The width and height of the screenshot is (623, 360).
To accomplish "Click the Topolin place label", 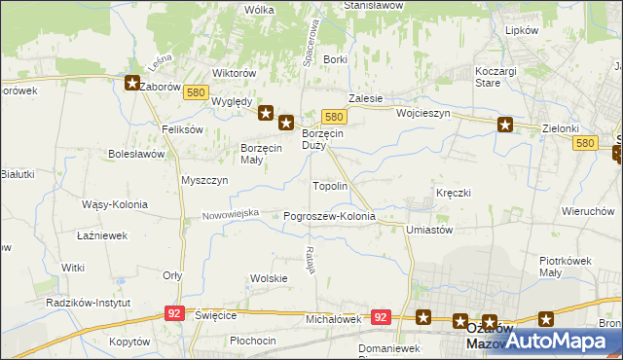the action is (330, 185).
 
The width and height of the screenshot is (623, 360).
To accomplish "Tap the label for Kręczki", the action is (454, 193).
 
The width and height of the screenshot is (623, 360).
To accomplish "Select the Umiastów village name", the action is (429, 230).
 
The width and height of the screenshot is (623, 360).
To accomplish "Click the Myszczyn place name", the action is (204, 180).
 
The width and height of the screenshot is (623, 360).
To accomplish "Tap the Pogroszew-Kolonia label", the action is (329, 216).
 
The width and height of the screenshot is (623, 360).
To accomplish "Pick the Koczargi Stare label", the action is (501, 77).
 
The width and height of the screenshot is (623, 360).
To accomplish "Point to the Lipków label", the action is (522, 30).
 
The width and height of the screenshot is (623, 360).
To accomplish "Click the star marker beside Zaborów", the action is (131, 84).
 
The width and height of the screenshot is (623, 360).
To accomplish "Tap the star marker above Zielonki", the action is (505, 124).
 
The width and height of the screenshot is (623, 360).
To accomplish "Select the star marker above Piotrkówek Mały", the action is (546, 317).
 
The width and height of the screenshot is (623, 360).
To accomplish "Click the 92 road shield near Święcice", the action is (174, 313).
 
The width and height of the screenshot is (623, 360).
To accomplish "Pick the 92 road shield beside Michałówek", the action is (381, 317).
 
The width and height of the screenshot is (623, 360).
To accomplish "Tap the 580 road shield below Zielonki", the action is (585, 143).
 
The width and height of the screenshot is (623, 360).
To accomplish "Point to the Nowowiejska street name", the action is (231, 213).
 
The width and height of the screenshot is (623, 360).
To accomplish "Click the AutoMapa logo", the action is (560, 341).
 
